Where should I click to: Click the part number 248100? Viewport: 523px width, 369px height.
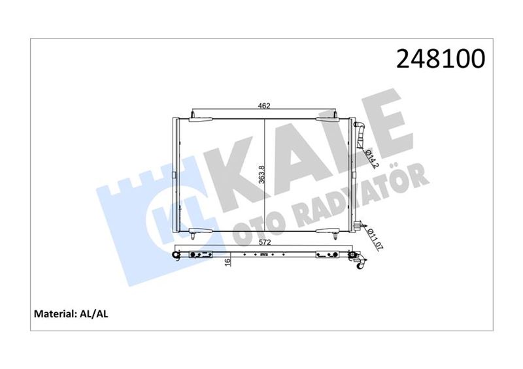(441, 58)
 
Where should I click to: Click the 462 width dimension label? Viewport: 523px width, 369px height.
(264, 106)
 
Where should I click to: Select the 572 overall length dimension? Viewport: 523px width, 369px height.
(264, 242)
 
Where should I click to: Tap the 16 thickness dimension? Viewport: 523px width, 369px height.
(228, 263)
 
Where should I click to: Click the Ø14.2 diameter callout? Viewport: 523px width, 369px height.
(372, 159)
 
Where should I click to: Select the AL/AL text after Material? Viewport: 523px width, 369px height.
(93, 313)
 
